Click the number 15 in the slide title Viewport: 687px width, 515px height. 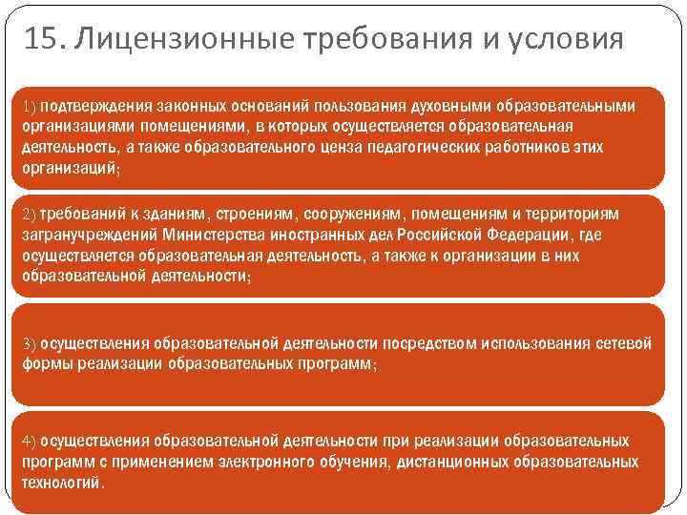point(42,41)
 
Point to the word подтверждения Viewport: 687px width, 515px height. point(94,104)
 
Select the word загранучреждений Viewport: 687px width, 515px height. point(88,234)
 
